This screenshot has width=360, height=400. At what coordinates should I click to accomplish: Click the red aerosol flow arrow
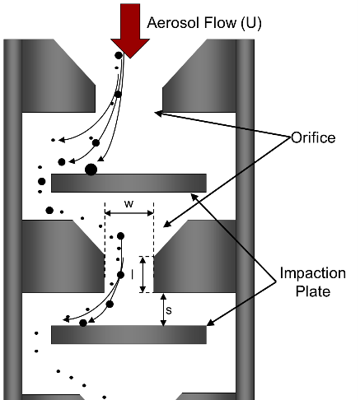pos(130,30)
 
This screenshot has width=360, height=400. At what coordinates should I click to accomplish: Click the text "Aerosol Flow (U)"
pos(204,23)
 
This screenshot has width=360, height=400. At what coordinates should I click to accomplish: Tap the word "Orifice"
pos(313,137)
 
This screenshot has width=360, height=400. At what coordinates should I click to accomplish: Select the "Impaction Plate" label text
pos(313,282)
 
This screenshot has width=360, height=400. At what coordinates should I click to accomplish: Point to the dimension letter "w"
pos(129,204)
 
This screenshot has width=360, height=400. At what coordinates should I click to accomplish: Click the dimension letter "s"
pos(169,310)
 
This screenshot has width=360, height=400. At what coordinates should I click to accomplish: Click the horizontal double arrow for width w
pos(129,213)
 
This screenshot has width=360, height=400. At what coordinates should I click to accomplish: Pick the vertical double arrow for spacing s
pos(163,309)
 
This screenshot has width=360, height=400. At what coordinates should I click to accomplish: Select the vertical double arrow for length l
pos(143,274)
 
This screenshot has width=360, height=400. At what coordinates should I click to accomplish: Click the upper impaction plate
pos(129,183)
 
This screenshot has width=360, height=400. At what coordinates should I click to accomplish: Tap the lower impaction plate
pos(129,335)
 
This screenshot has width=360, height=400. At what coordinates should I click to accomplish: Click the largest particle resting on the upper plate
pos(91,170)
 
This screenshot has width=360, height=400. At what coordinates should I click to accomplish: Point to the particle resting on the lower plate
pos(83,323)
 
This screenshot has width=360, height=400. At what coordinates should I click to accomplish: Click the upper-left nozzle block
pos(58,76)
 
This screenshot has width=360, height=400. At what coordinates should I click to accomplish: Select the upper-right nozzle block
pos(199,76)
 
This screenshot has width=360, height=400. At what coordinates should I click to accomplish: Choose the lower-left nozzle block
pos(63,256)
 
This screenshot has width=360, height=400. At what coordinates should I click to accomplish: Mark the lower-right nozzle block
pos(194,256)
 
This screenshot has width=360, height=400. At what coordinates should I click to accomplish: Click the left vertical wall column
pos(12,220)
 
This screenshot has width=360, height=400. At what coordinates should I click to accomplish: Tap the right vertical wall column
pos(245,220)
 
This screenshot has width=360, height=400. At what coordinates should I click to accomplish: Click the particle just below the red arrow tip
pos(119,55)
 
